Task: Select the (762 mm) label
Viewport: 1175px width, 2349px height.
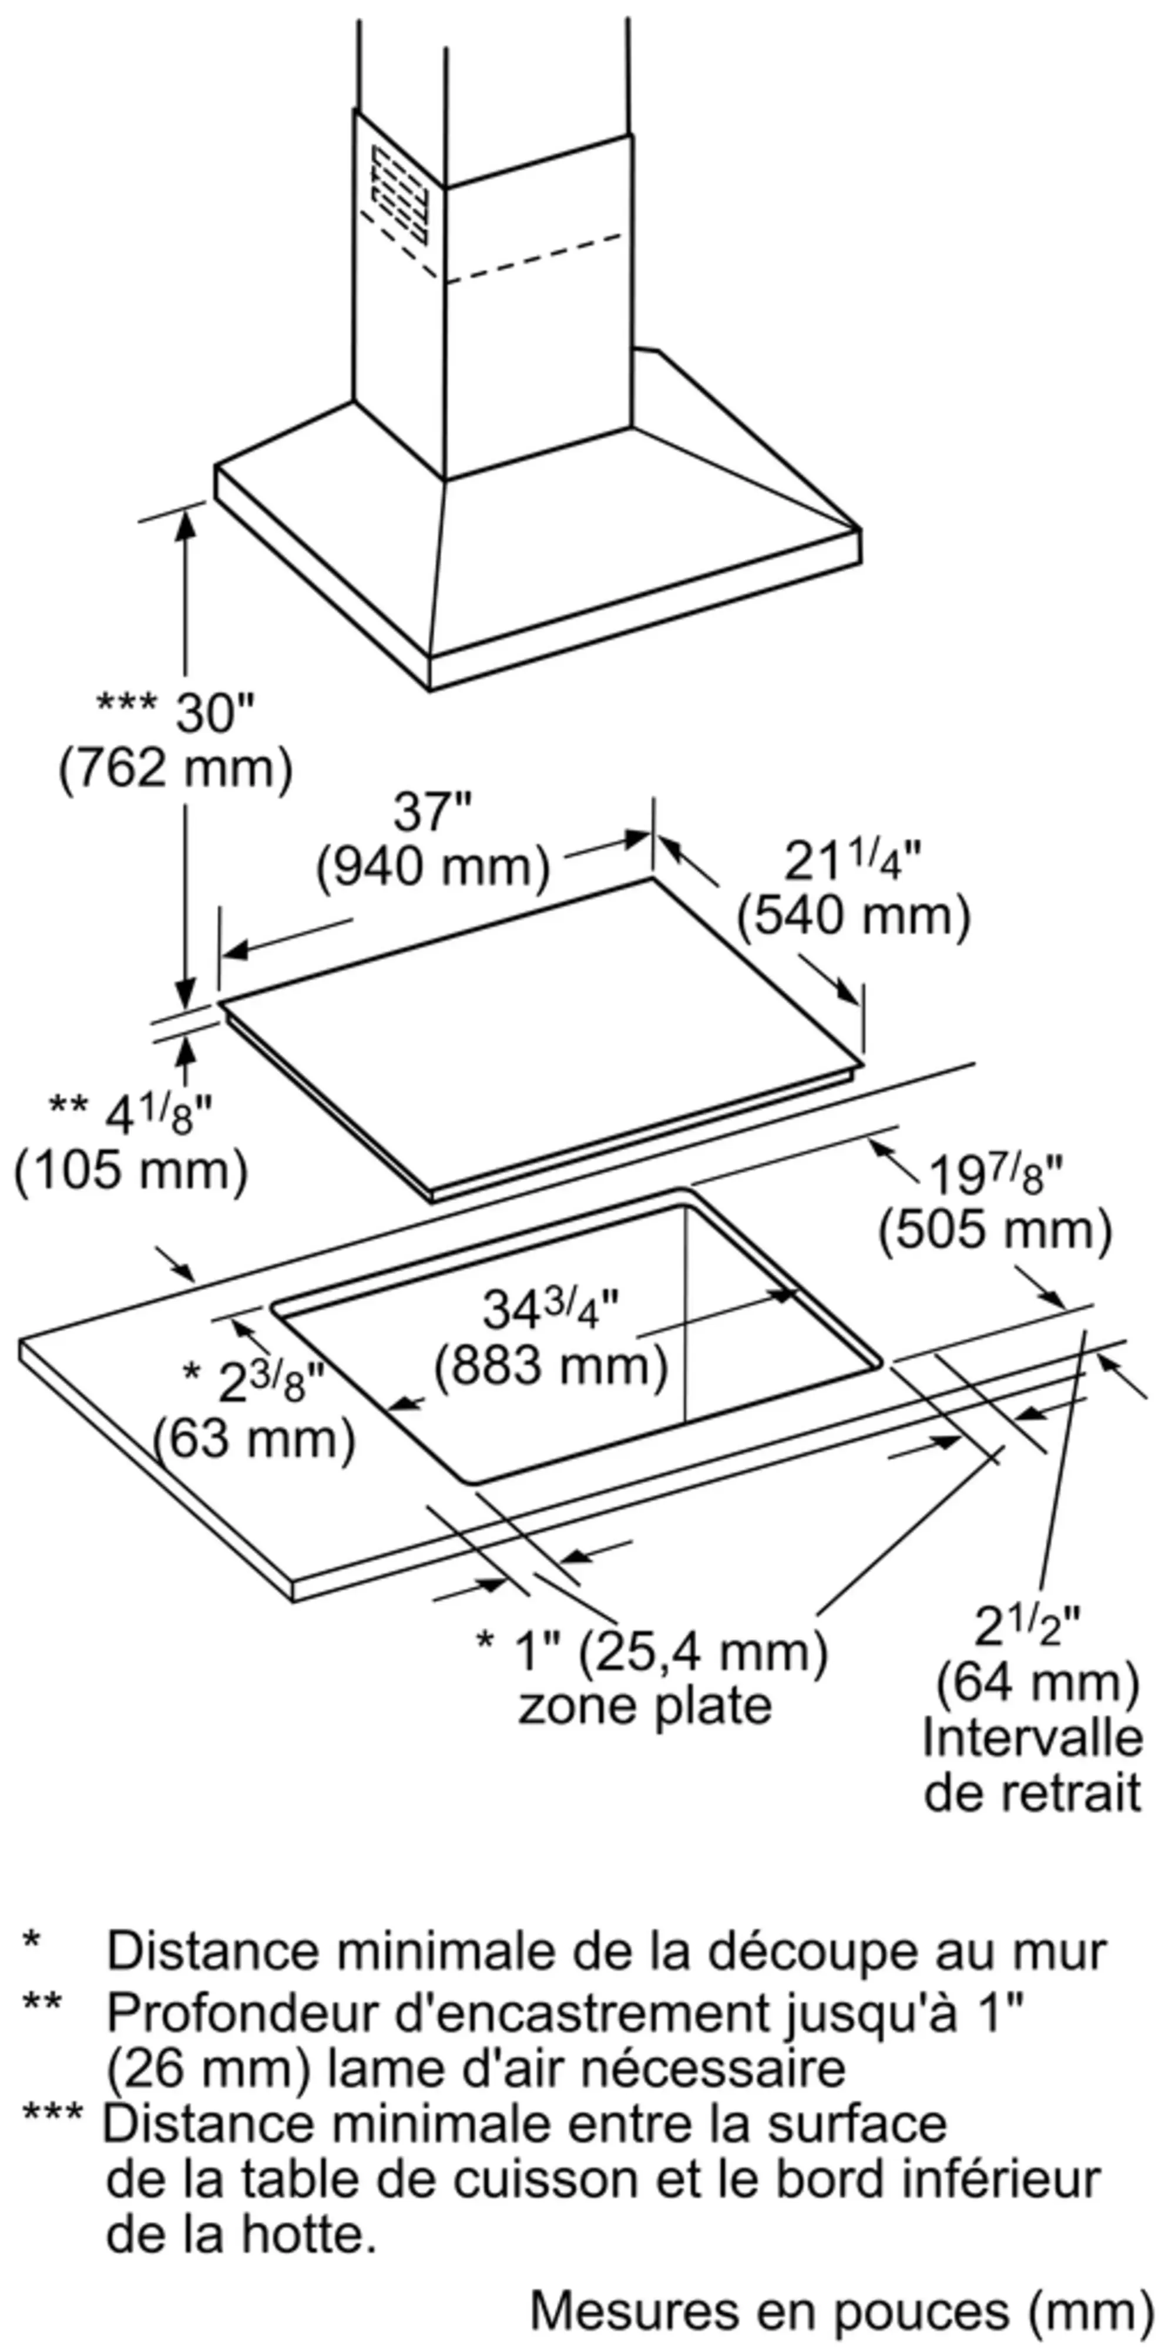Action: tap(176, 770)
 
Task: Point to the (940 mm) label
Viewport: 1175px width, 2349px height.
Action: tap(434, 867)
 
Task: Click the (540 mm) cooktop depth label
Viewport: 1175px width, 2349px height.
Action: tap(854, 917)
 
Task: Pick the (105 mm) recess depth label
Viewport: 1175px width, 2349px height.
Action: tap(132, 1171)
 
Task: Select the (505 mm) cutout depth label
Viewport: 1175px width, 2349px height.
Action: tap(995, 1231)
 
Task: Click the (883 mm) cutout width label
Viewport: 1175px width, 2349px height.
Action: tap(551, 1366)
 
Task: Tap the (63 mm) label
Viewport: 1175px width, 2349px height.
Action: tap(254, 1440)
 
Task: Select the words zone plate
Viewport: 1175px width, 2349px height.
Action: tap(645, 1705)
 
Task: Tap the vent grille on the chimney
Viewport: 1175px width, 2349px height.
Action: tap(399, 193)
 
